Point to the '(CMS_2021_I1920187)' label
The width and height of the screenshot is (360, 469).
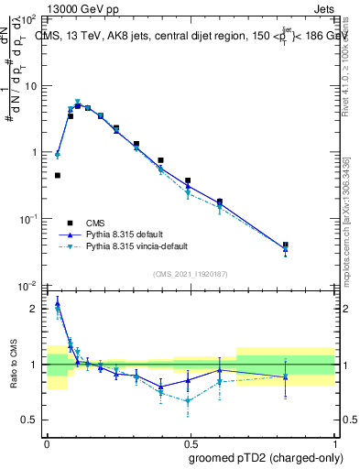(x=191, y=274)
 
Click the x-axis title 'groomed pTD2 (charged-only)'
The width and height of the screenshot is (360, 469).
(x=265, y=457)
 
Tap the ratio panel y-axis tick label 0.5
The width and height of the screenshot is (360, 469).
(x=29, y=420)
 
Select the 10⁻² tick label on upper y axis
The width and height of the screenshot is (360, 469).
(x=29, y=285)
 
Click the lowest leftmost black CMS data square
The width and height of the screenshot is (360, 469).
(x=58, y=175)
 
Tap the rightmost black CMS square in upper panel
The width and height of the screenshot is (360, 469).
(x=311, y=245)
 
